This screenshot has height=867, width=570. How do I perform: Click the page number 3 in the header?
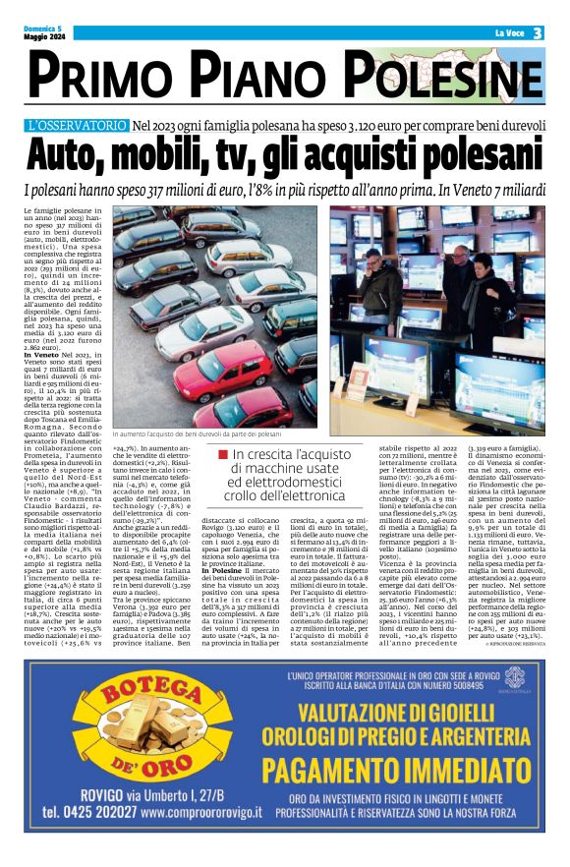point(539,33)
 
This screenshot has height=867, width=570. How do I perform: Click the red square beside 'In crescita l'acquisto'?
point(224,454)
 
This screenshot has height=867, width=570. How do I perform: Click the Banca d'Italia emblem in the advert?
point(515,705)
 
